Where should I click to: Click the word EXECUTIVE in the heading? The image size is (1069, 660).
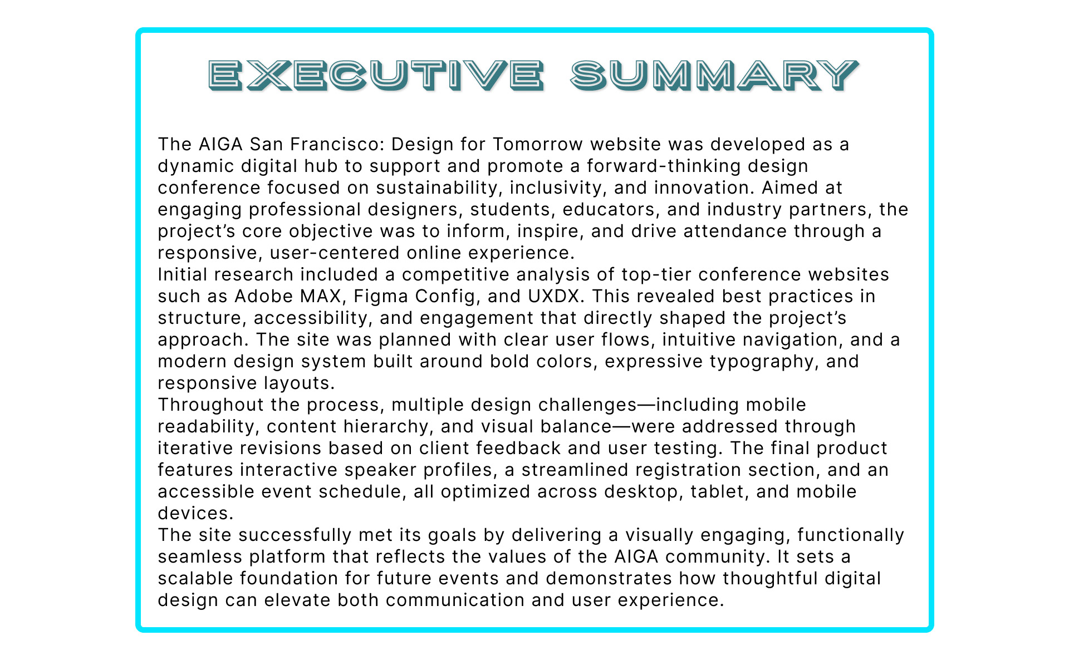[376, 75]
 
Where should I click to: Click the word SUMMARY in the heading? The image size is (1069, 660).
[715, 75]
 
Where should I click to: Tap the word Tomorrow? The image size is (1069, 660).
[538, 144]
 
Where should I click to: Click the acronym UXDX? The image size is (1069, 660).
[554, 296]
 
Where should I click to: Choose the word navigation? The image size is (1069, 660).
[783, 340]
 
